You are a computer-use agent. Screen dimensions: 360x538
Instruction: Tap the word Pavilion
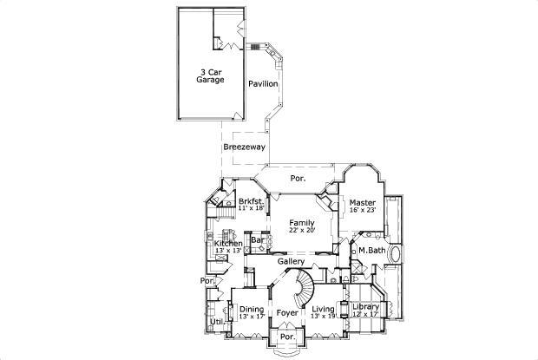263,84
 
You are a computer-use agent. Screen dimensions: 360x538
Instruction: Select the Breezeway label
244,147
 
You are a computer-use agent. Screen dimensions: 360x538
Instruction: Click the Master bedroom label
363,202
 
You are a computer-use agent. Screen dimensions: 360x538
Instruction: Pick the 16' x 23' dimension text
363,210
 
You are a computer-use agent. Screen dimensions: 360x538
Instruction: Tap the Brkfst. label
251,201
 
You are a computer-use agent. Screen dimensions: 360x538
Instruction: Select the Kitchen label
228,244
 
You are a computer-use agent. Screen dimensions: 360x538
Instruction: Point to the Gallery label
290,261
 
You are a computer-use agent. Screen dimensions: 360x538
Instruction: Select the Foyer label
287,311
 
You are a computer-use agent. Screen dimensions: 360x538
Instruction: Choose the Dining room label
252,310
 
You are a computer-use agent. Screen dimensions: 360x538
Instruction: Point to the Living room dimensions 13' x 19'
323,317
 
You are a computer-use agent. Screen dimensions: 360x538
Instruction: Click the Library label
364,308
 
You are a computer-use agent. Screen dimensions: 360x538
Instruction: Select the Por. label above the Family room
298,179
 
